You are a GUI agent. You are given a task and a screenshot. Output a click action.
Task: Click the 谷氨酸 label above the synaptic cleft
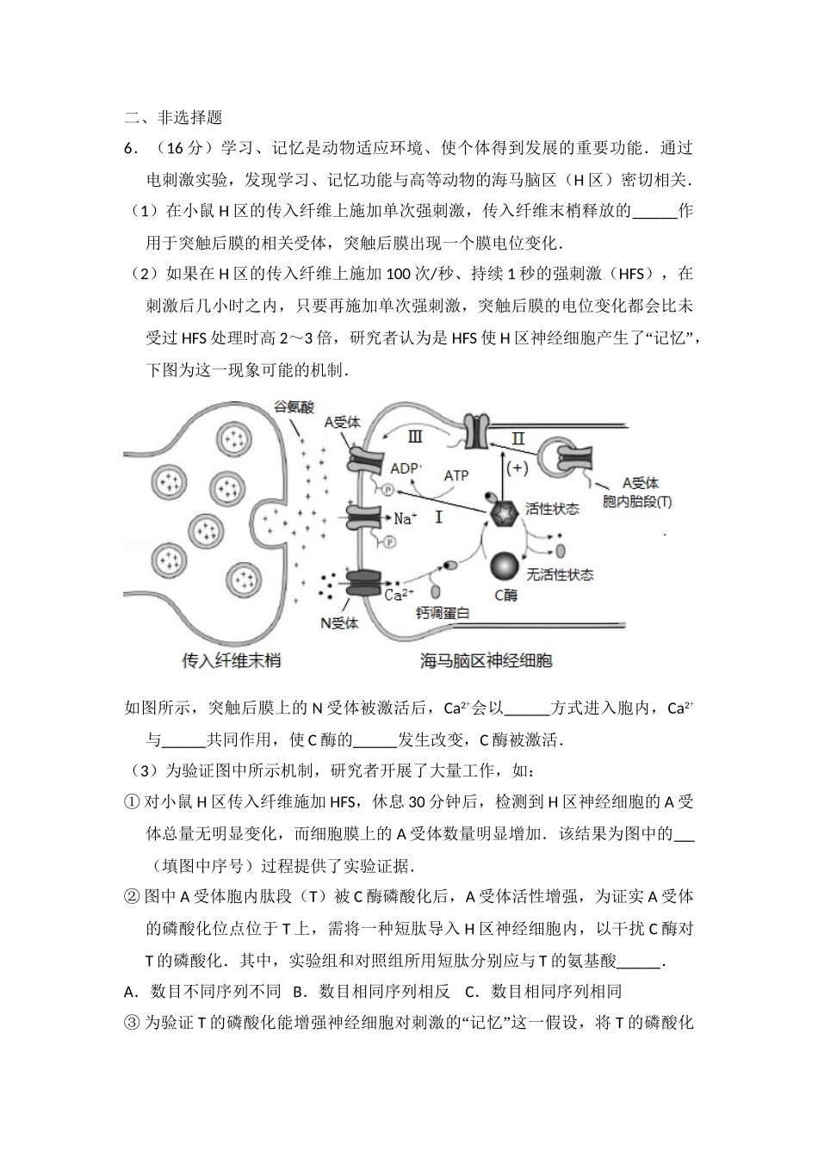(x=294, y=407)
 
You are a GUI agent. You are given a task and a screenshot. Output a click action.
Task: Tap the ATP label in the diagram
(x=455, y=475)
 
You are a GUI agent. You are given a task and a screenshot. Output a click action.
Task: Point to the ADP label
(x=406, y=468)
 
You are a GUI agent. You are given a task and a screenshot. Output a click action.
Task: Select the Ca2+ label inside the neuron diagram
(x=400, y=593)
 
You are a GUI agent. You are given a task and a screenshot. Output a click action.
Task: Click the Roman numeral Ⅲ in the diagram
(x=415, y=436)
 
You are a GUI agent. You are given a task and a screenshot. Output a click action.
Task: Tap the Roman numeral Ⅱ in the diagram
(x=517, y=438)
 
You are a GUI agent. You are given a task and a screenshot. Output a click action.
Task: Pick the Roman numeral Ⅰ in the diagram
(x=438, y=517)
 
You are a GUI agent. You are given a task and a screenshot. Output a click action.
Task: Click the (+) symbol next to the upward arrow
(x=517, y=467)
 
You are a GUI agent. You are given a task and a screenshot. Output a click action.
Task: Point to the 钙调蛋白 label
(x=443, y=613)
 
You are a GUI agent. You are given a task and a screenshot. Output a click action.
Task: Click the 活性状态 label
(x=552, y=509)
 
